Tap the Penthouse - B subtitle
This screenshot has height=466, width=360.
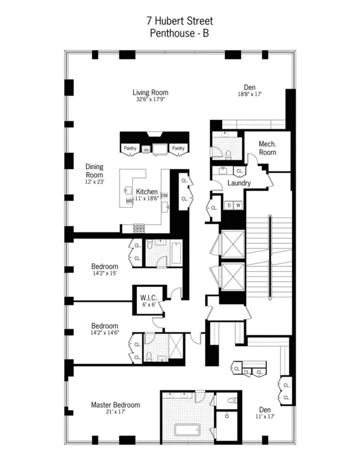(x=180, y=34)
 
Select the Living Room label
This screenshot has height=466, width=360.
(x=150, y=92)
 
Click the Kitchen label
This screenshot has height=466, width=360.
(x=148, y=192)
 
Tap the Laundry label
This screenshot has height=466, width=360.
(x=239, y=183)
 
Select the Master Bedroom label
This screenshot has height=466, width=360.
(x=115, y=405)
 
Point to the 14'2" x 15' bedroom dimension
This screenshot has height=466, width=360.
(x=104, y=273)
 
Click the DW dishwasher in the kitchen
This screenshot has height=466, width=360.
(x=164, y=196)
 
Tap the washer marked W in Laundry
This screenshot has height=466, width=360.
(x=238, y=205)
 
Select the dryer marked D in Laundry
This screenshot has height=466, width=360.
(x=229, y=205)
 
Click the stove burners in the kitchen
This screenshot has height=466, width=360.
(x=139, y=228)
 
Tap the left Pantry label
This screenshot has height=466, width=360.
(x=130, y=148)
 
